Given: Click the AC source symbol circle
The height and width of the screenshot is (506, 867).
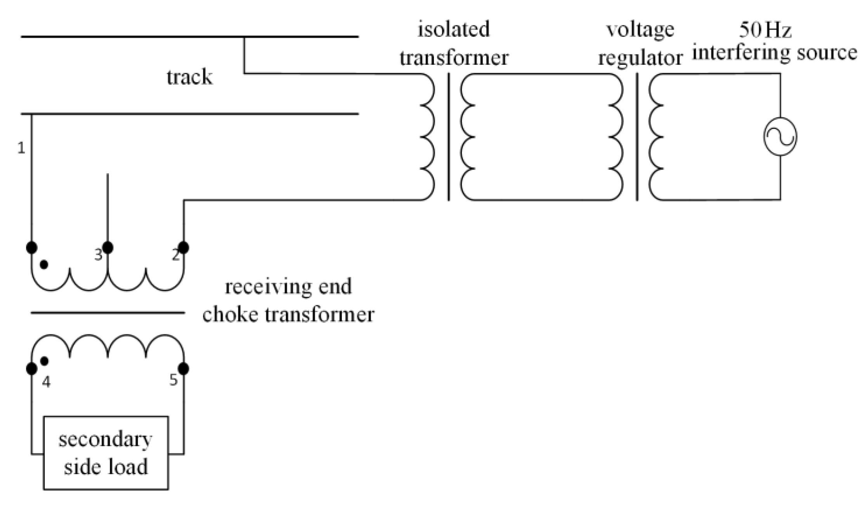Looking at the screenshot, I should click(780, 137).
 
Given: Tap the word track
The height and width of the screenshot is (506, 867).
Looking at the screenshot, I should click(189, 77).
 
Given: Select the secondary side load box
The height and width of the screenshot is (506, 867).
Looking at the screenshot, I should click(106, 453).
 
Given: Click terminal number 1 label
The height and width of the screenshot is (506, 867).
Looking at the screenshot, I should click(21, 148).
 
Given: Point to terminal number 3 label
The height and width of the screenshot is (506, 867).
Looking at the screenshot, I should click(98, 255).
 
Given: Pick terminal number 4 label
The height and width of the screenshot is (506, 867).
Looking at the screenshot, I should click(46, 383).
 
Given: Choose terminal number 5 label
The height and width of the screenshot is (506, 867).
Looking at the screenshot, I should click(173, 380).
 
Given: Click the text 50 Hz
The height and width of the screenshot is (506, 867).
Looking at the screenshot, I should click(765, 30).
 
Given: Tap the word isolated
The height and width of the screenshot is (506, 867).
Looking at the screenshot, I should click(453, 30).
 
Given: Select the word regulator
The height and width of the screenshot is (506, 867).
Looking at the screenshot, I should click(640, 58).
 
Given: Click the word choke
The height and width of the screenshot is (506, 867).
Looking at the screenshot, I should click(230, 314).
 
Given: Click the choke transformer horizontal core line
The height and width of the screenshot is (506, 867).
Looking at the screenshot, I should click(108, 313).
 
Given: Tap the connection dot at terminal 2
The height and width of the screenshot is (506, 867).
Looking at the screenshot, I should click(183, 247).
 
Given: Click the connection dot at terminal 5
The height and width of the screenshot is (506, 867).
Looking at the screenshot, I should click(183, 369).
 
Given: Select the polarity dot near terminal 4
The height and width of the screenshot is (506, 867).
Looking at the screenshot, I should click(44, 361).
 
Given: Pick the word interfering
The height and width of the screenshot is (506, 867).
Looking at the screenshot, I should click(741, 52).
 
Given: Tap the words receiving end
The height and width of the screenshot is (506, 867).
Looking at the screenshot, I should click(288, 287).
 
